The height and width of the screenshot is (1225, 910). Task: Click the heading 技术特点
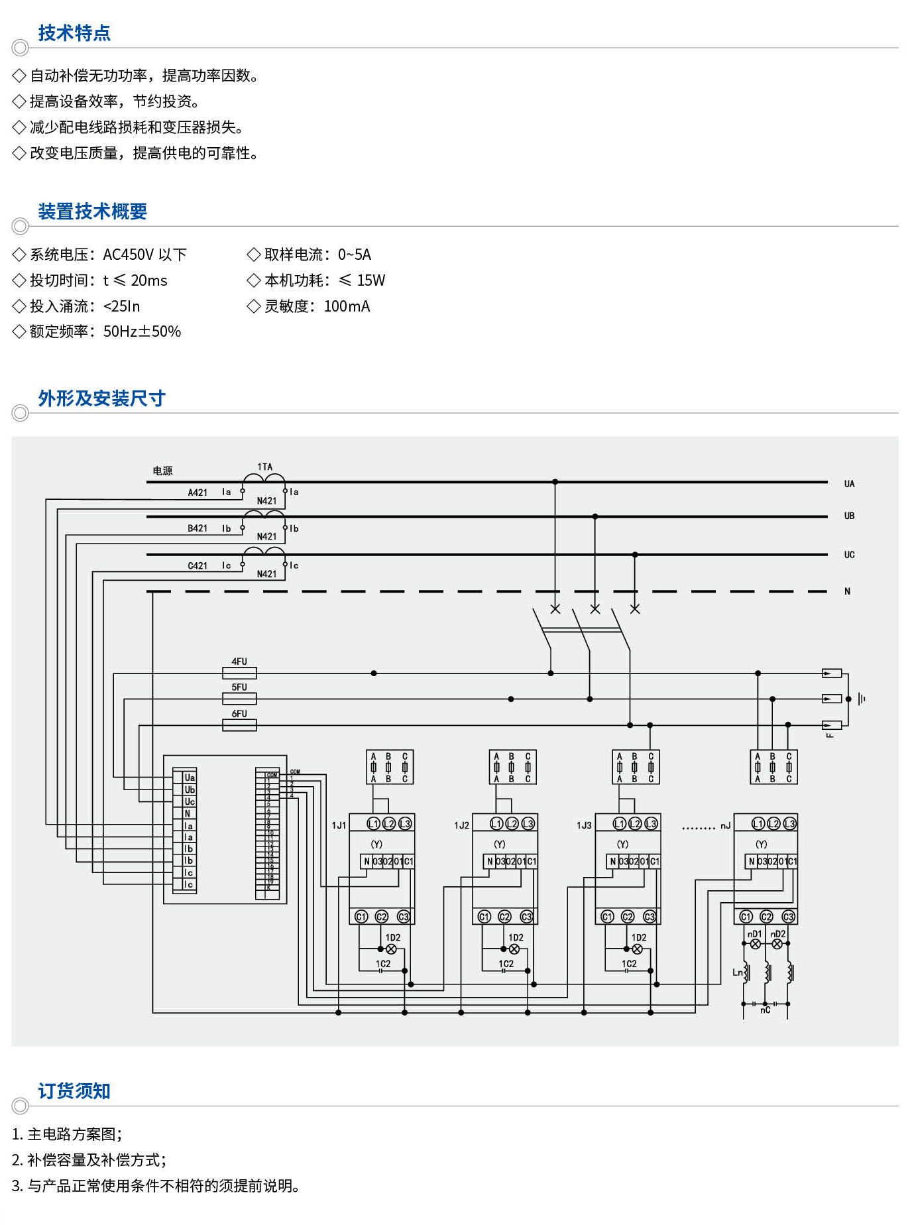click(x=74, y=33)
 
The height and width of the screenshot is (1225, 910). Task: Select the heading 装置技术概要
click(x=92, y=211)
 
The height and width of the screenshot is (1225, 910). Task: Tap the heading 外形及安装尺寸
click(x=101, y=398)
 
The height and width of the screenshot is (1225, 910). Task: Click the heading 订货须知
click(x=74, y=1091)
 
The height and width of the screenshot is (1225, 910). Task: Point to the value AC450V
click(x=129, y=255)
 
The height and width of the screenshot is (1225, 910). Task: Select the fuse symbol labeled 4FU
click(x=239, y=673)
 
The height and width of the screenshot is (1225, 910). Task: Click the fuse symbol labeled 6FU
click(x=239, y=725)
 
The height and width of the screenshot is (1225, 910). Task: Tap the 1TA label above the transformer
click(x=264, y=467)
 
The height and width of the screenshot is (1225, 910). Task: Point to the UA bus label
click(x=849, y=484)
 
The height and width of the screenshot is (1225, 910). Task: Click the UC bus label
click(x=849, y=555)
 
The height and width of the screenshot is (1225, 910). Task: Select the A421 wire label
click(x=198, y=493)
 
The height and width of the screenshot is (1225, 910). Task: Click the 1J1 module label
click(x=339, y=825)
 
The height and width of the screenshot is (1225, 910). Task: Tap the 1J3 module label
click(x=584, y=825)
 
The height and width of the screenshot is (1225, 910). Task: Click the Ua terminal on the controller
click(x=190, y=778)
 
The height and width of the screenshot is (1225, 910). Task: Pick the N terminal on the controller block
click(x=188, y=813)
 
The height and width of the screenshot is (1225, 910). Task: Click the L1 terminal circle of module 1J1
click(x=373, y=823)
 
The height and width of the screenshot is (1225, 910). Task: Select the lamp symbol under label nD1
click(x=755, y=944)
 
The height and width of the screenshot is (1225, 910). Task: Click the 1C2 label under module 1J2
click(x=506, y=964)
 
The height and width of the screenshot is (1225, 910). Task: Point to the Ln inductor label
click(x=738, y=972)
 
